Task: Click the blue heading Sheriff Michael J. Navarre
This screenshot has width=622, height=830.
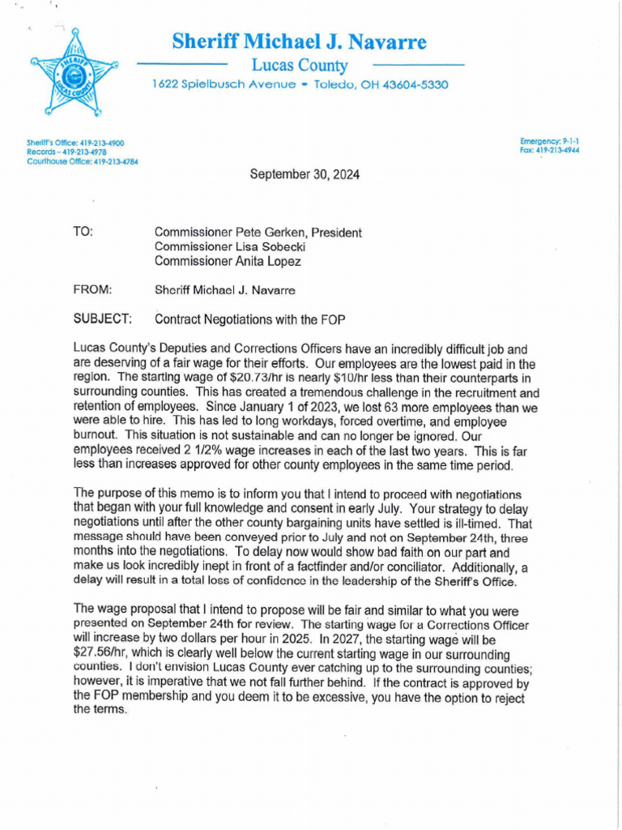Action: tap(299, 41)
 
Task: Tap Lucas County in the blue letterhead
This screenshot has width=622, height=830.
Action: tap(299, 66)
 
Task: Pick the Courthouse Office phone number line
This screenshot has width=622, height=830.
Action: tap(82, 160)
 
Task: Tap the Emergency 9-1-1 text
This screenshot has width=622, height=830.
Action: tap(549, 141)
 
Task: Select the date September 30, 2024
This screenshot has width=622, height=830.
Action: tap(300, 174)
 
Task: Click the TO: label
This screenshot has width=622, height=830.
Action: tap(83, 232)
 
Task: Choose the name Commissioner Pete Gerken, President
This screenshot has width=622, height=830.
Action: tap(258, 233)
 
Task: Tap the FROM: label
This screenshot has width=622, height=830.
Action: tap(92, 289)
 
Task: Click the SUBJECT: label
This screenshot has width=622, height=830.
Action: tap(103, 319)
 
